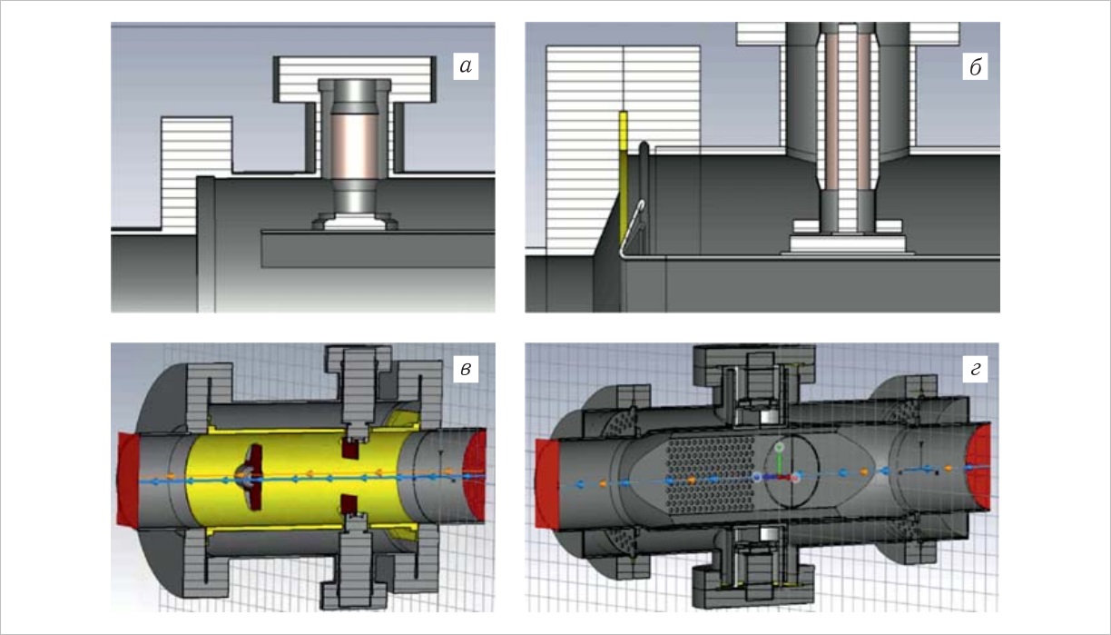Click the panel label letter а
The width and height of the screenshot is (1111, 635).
coord(464,65)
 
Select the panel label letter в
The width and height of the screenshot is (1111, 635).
coord(465,367)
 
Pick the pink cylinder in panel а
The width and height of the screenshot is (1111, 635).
coord(354,144)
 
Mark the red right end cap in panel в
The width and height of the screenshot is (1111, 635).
coord(476,474)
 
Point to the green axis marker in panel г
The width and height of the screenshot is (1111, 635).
coord(779,449)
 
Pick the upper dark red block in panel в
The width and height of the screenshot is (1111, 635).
coord(349,446)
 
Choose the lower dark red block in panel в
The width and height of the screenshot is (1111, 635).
coord(349,504)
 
